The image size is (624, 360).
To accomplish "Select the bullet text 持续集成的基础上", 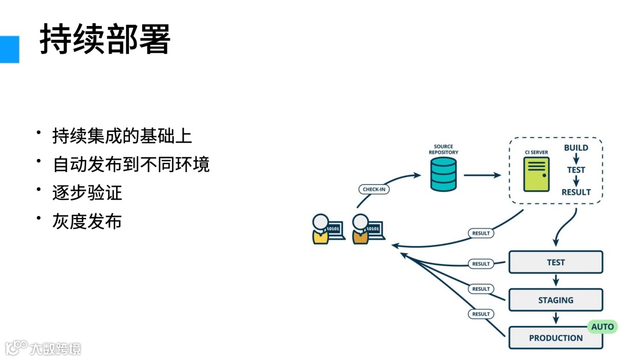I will [x=122, y=136].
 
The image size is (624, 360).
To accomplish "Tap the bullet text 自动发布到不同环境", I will [x=131, y=164].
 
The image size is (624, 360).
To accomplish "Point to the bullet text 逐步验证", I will [x=87, y=192].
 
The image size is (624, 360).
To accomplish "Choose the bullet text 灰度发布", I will [x=87, y=221].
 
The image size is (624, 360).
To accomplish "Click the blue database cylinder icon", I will [x=444, y=175].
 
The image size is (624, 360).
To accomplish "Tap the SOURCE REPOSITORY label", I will [x=444, y=150].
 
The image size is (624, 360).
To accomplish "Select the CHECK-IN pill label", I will [x=374, y=189].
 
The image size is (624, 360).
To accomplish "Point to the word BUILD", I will [x=576, y=148].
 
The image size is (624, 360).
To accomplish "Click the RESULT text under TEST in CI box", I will [x=576, y=192].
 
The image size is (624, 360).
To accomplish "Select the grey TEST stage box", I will [x=555, y=262].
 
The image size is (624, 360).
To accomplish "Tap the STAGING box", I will [x=555, y=300].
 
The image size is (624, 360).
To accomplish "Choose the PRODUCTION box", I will [x=555, y=338].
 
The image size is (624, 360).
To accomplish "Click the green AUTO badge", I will [x=602, y=326].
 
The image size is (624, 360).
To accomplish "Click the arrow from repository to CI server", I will [x=482, y=175].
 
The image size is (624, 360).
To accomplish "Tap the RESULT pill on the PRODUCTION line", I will [x=481, y=314].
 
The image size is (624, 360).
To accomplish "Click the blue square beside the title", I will [x=9, y=49].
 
